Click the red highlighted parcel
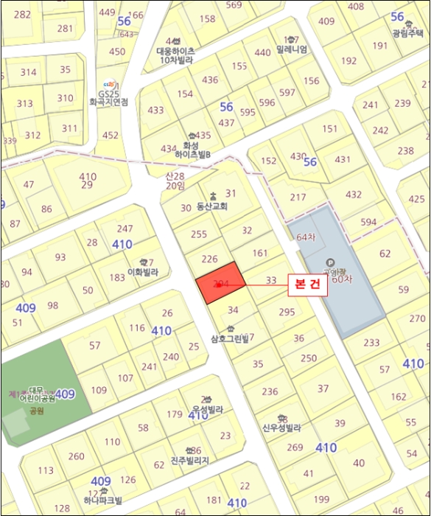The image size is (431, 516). click(220, 283)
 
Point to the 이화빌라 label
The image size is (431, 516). click(143, 271)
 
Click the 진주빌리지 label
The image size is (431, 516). click(189, 460)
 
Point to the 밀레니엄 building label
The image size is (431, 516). click(292, 49)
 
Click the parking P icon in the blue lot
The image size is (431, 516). click(329, 262)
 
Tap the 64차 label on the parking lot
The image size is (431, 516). click(305, 237)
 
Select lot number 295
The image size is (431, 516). click(287, 313)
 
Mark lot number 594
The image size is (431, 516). click(368, 222)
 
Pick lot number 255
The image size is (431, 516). click(199, 234)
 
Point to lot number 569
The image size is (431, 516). click(234, 5)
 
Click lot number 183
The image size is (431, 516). click(117, 278)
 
